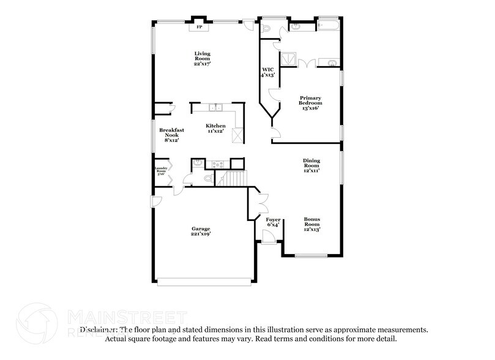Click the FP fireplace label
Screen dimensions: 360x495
[199, 27]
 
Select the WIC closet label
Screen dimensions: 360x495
[268, 72]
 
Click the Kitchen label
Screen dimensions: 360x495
[215, 128]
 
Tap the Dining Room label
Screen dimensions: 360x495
[311, 165]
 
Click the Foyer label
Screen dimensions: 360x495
[273, 222]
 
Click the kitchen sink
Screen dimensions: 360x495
[215, 109]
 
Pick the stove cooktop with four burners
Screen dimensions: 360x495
[217, 163]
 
